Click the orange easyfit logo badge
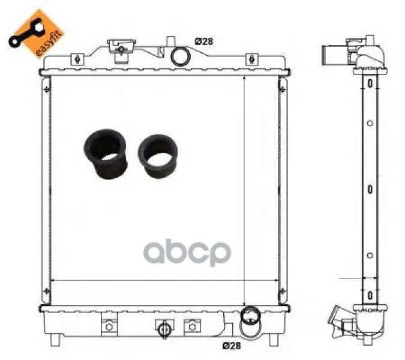36,33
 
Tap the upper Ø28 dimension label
204,41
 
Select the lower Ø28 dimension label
232,346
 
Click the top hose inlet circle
181,56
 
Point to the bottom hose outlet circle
250,316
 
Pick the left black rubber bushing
106,154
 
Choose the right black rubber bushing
158,156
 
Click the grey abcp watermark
187,252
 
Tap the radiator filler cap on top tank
121,50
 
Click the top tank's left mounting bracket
77,59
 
